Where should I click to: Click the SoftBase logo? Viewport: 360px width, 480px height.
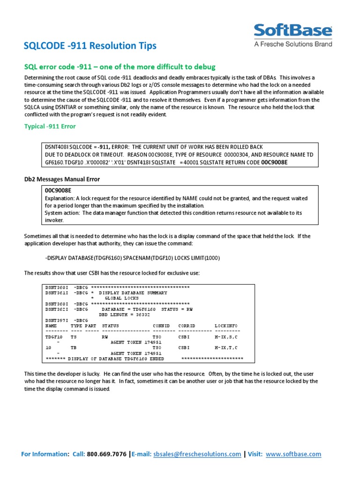293,31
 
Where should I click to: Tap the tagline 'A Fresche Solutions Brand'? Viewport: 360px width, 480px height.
293,44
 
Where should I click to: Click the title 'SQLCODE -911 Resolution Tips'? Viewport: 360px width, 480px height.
90,46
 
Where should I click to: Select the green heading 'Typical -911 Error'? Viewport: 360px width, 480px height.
50,127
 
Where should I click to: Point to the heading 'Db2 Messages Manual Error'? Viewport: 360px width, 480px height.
62,180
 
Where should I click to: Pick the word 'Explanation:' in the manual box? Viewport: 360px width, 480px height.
60,199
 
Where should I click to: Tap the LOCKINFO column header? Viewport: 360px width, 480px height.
226,325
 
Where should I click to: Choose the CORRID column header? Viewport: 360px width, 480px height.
187,325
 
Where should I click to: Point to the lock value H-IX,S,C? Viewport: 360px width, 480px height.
226,337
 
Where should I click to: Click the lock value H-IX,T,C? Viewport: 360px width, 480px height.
226,348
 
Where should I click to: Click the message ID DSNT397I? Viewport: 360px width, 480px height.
57,320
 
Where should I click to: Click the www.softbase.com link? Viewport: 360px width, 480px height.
293,454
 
